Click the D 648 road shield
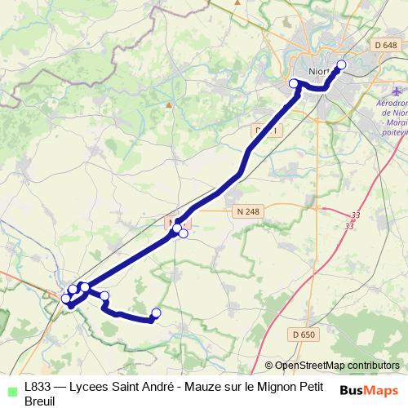[x=386, y=44]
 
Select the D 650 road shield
[x=303, y=334]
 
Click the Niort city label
[x=317, y=71]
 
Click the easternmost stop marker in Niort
[x=341, y=65]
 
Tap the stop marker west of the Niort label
[x=295, y=83]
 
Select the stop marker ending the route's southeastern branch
[x=157, y=313]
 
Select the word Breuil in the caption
[x=39, y=401]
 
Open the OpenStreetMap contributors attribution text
[x=337, y=366]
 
